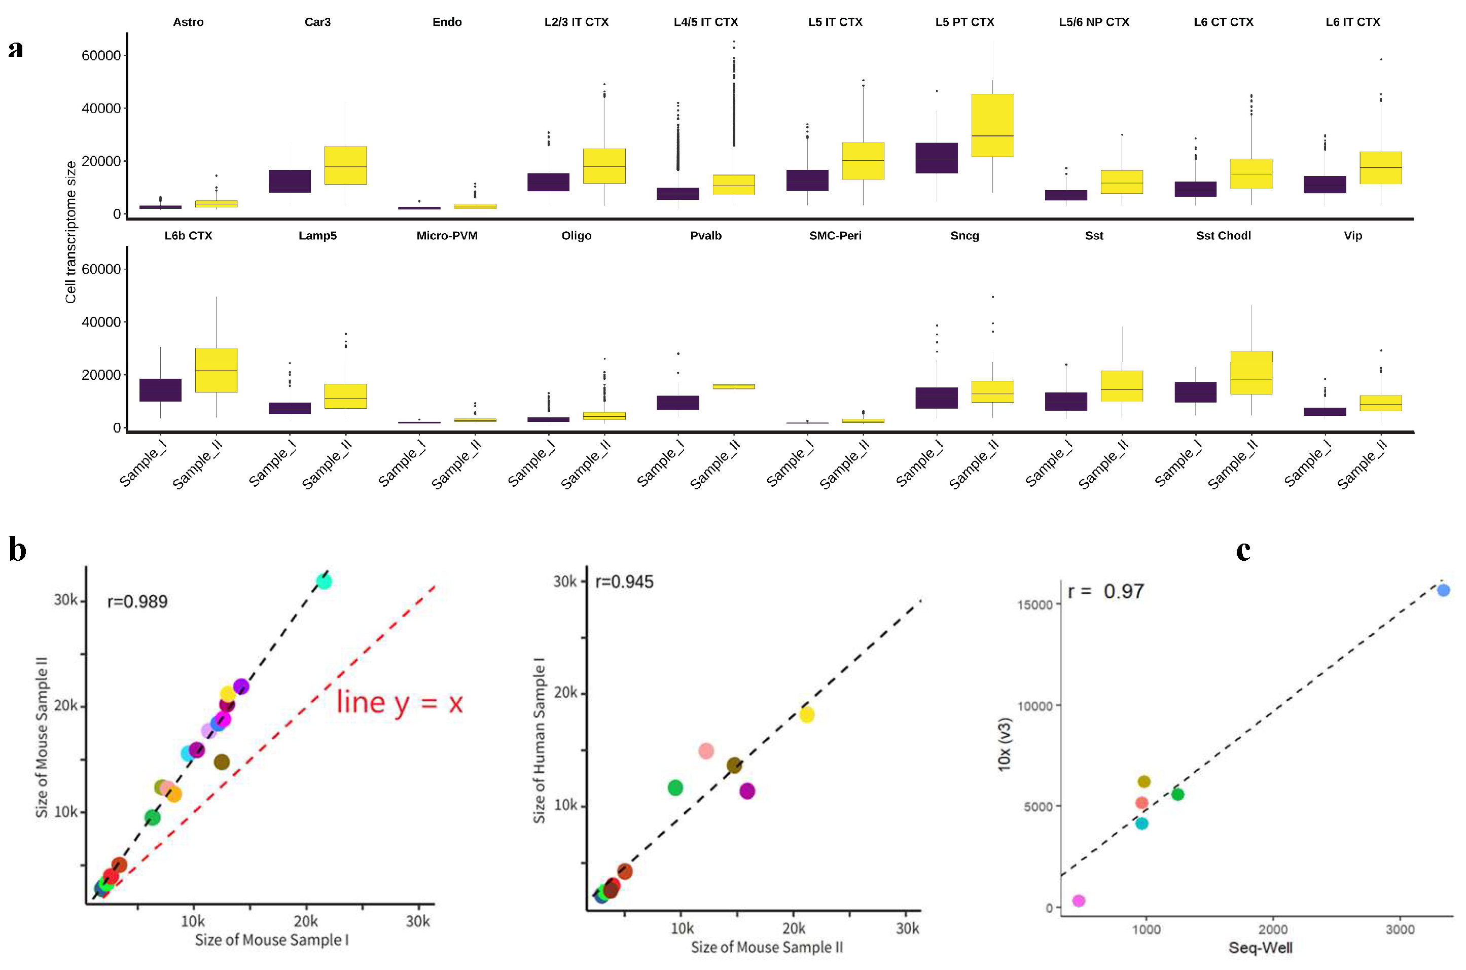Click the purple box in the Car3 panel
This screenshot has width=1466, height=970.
click(x=290, y=181)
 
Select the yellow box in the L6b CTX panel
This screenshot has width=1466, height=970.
click(x=216, y=370)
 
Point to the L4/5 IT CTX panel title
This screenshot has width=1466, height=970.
click(x=705, y=22)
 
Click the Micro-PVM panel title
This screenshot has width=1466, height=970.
click(x=447, y=236)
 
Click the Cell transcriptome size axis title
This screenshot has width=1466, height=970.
click(x=70, y=232)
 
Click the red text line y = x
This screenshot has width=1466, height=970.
click(x=399, y=703)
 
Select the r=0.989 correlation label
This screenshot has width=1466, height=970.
click(x=137, y=601)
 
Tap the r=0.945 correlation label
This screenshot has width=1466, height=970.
click(x=624, y=582)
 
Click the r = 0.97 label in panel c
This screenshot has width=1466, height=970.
click(x=1105, y=591)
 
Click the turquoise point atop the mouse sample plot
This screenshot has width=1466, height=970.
click(x=324, y=582)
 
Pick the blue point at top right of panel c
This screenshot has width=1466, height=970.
click(x=1443, y=590)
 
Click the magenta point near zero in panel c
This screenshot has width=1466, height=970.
click(x=1078, y=901)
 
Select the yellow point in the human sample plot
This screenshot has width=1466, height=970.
click(x=806, y=714)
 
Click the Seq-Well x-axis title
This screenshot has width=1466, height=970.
click(x=1260, y=948)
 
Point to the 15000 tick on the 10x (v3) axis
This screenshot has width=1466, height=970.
click(x=1035, y=604)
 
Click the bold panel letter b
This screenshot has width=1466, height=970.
click(x=17, y=549)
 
